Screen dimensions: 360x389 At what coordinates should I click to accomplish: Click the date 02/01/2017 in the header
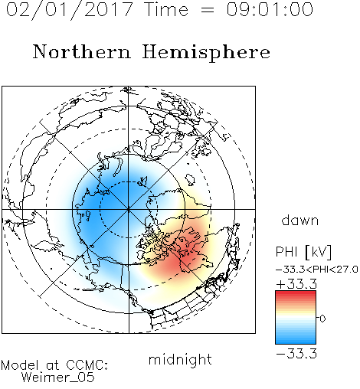[70, 10]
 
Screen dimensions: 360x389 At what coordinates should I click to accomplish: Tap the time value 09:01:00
[270, 9]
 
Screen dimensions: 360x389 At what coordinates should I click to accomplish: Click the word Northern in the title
[82, 51]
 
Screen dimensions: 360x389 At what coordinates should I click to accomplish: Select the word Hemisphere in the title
[206, 53]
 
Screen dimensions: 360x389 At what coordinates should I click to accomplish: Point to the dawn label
[300, 220]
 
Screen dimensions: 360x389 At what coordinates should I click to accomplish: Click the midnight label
[180, 359]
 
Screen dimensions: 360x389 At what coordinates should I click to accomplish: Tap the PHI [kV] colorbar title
[303, 252]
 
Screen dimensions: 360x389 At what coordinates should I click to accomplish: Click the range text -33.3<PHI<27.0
[316, 270]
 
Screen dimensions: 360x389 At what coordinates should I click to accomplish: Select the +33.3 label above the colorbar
[296, 284]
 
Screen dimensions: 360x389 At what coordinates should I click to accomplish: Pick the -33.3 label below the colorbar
[296, 354]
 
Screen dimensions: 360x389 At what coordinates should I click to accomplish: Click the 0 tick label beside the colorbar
[322, 319]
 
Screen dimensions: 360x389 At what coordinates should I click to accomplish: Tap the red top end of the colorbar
[296, 293]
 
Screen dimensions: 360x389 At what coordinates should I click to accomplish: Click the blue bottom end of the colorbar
[296, 342]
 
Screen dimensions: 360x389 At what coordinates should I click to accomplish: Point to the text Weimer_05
[58, 378]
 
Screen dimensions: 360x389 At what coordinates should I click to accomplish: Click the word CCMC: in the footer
[87, 365]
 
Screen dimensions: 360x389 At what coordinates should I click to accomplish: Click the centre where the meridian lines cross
[129, 209]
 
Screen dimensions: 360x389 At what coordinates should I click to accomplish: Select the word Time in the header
[166, 9]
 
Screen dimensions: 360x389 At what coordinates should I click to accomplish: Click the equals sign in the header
[208, 10]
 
